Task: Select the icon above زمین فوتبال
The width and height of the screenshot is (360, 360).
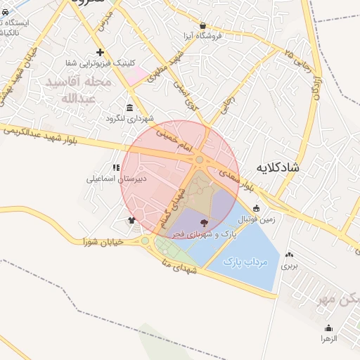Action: pyautogui.click(x=256, y=208)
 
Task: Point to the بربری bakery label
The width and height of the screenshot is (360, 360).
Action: pyautogui.click(x=290, y=266)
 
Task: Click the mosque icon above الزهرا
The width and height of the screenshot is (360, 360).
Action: pyautogui.click(x=328, y=328)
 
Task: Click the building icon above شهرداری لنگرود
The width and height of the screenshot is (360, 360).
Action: pyautogui.click(x=129, y=108)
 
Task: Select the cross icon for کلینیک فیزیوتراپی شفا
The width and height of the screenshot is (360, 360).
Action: pyautogui.click(x=101, y=52)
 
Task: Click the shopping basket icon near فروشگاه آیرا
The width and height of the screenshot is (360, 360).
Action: pyautogui.click(x=203, y=25)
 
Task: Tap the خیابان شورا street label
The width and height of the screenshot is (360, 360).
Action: pyautogui.click(x=103, y=241)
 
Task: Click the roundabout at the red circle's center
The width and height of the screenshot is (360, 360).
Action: pyautogui.click(x=200, y=160)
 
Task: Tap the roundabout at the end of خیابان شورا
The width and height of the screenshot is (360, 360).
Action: pyautogui.click(x=145, y=241)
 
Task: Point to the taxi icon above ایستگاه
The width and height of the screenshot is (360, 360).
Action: pyautogui.click(x=6, y=13)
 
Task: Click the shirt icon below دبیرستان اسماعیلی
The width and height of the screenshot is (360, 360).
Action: pyautogui.click(x=131, y=220)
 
